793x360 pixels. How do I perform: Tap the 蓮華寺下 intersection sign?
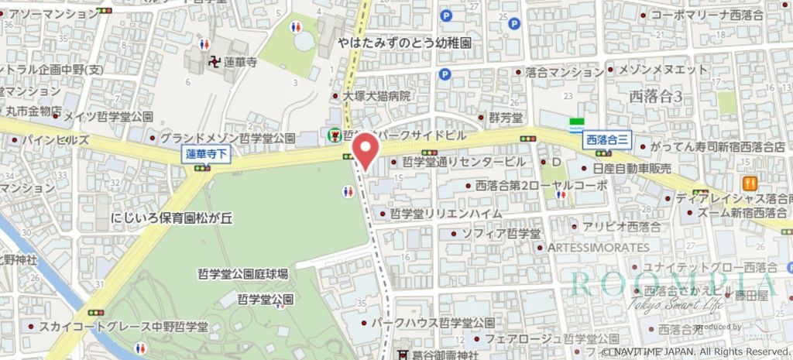click(208, 153)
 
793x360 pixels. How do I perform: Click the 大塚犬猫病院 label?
click(376, 97)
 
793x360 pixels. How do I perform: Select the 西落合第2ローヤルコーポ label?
click(541, 186)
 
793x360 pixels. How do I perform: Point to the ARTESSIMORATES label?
click(598, 247)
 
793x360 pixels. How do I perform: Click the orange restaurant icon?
click(749, 184)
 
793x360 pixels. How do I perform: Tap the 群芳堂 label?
click(506, 118)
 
